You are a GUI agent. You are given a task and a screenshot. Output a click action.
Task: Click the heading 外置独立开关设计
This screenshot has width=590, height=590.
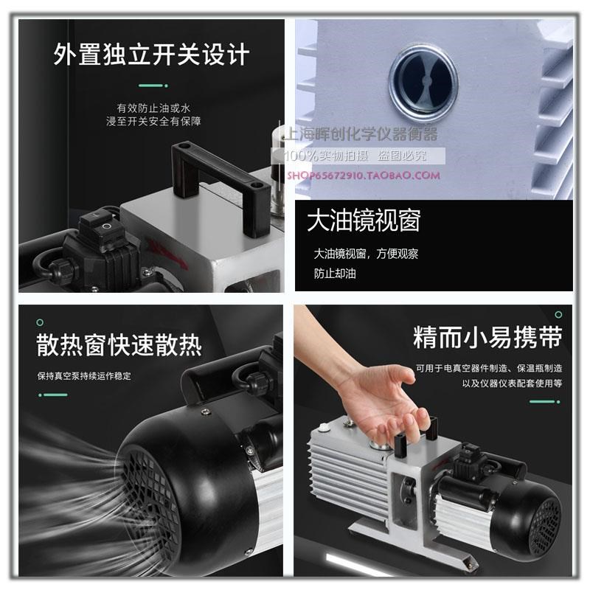(150, 55)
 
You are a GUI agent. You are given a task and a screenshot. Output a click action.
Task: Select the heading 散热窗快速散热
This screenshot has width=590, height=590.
(119, 345)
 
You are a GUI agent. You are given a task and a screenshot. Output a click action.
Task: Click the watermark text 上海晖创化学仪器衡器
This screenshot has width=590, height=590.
(360, 134)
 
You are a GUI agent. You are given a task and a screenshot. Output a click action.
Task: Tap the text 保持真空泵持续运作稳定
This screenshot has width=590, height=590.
(84, 375)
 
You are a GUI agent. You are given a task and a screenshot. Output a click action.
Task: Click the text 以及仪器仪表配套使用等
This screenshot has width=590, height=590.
(512, 383)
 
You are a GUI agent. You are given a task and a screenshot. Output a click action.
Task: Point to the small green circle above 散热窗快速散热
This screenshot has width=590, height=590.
(41, 322)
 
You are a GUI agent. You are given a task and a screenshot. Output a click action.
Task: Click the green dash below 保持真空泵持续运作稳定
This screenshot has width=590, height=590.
(55, 395)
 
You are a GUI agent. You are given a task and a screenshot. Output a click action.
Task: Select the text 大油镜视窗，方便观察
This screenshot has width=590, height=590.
(366, 254)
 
